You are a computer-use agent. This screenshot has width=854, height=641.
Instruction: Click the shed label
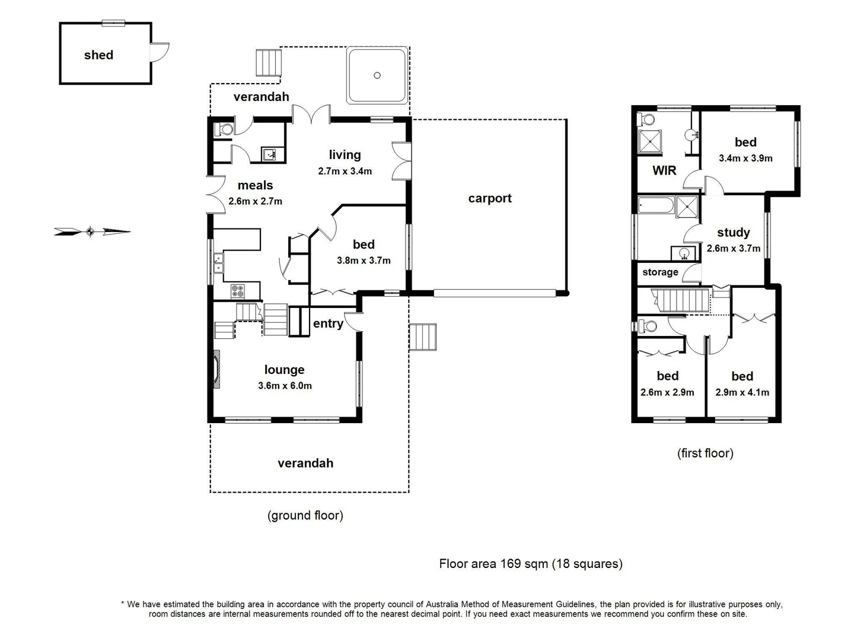tap(98, 55)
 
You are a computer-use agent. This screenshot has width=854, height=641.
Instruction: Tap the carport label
tap(489, 198)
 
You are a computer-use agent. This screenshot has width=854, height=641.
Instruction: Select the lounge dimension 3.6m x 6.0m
tap(285, 386)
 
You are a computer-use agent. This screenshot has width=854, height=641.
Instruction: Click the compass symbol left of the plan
tap(90, 231)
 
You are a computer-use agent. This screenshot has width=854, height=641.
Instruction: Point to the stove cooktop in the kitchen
tap(237, 291)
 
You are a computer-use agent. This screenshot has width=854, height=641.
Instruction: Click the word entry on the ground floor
tap(328, 323)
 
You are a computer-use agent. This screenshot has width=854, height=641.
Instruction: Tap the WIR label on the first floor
tap(664, 171)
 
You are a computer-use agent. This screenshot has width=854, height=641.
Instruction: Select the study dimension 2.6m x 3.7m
tap(733, 249)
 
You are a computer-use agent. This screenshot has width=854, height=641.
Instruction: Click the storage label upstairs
tap(660, 272)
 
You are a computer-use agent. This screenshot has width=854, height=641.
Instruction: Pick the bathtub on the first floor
tap(656, 206)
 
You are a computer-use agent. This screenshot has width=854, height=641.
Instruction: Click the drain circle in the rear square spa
tap(377, 75)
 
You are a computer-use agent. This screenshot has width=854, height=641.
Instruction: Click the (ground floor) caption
tap(305, 515)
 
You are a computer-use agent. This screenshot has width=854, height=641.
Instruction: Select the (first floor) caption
tap(705, 453)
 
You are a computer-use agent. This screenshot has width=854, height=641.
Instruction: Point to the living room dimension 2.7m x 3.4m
tap(345, 172)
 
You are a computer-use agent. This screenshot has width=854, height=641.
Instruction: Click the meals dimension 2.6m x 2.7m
tap(255, 201)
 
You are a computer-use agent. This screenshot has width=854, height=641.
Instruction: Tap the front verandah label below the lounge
tap(305, 464)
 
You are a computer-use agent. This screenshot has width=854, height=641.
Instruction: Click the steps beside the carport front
tap(423, 337)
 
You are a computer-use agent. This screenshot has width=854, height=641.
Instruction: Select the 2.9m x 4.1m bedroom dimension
tap(742, 392)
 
